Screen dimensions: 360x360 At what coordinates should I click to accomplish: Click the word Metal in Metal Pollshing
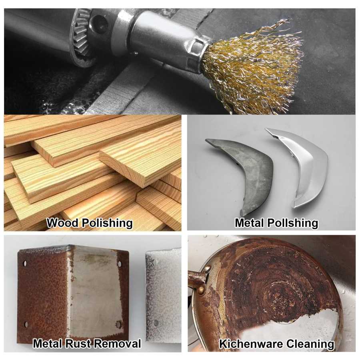click(250, 223)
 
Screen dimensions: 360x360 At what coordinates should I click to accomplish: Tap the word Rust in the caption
click(78, 344)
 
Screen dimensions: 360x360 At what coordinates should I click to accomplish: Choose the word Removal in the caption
click(118, 344)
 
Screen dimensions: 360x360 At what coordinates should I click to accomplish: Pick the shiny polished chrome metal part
click(298, 168)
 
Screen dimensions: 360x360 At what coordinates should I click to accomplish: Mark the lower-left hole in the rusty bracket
click(26, 324)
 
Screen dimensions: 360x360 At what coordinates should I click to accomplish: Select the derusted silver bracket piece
click(164, 298)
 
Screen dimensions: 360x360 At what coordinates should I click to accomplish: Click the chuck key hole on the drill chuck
click(99, 22)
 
